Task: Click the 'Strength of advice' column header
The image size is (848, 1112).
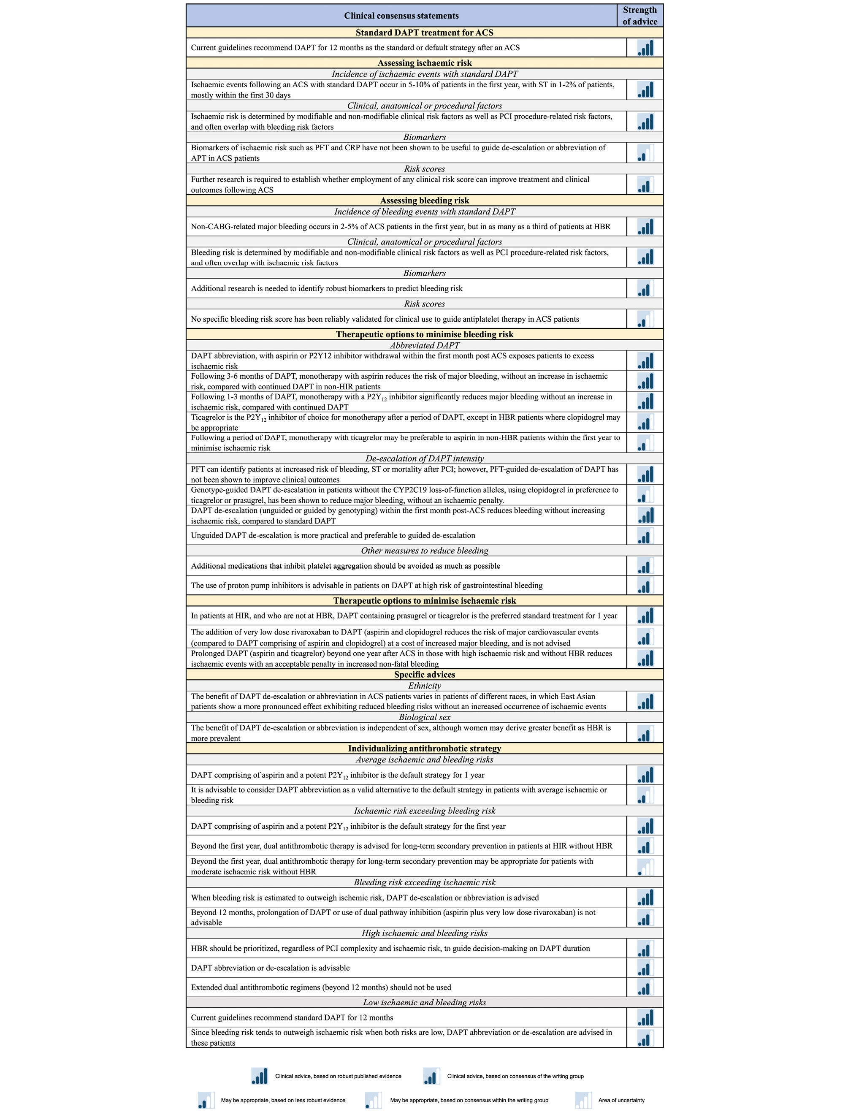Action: tap(639, 16)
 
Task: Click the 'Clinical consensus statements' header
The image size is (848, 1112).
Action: tap(401, 16)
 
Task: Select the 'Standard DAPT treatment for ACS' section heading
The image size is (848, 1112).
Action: tap(424, 33)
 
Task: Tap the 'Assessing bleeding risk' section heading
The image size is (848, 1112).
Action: tap(424, 201)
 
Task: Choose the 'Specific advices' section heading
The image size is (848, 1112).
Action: tap(424, 674)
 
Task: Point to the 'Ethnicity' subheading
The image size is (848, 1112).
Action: tap(424, 686)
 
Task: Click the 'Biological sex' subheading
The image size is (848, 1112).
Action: tap(424, 717)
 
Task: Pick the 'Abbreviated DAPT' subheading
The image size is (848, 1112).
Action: tap(424, 345)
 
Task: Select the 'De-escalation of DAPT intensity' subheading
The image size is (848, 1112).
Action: tap(424, 458)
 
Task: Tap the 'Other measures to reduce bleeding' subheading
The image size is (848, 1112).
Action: tap(424, 551)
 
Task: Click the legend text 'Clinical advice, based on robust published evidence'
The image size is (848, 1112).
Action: tap(338, 1076)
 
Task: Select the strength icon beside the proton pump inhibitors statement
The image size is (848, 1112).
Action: tap(645, 586)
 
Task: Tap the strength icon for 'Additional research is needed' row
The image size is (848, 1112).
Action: tap(645, 289)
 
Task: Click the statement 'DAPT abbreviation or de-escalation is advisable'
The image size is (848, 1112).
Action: tap(270, 968)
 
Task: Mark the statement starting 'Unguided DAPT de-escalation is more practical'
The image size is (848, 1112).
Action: tap(333, 535)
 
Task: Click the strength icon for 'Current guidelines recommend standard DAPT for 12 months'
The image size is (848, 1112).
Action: tap(645, 1017)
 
